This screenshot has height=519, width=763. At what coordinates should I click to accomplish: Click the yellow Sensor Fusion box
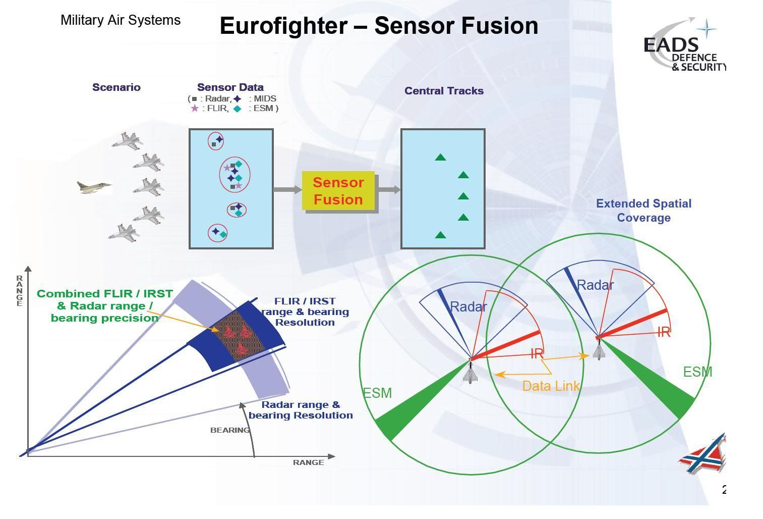pos(338,191)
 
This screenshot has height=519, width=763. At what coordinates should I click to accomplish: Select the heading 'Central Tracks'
pos(444,91)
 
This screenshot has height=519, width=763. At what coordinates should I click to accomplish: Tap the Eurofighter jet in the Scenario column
pos(94,187)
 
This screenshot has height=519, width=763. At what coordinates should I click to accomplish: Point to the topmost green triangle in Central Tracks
pos(440,158)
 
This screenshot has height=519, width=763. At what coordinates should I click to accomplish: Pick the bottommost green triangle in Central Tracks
pos(440,235)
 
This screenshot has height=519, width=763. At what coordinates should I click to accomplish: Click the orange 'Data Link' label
pos(551,386)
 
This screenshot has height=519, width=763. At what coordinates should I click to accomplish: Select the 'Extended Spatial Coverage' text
pos(643,211)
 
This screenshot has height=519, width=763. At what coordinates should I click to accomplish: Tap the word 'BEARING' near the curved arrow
pos(230,430)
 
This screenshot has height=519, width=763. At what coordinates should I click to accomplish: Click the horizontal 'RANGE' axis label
pos(308,462)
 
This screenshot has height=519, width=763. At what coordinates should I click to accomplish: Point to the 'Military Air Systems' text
pos(121,20)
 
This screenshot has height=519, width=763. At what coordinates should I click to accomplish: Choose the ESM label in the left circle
pos(377,393)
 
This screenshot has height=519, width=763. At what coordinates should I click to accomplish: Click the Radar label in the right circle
pos(595,285)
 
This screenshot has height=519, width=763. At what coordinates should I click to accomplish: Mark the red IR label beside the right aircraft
pos(664,332)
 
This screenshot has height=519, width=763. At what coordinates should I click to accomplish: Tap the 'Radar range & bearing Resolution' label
pos(301,410)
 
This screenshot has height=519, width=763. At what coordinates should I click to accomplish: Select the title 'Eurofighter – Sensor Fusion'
pos(379,26)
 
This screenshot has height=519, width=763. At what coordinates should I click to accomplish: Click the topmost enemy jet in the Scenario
pos(126,140)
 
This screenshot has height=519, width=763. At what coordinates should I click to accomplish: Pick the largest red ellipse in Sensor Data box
pos(234,174)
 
